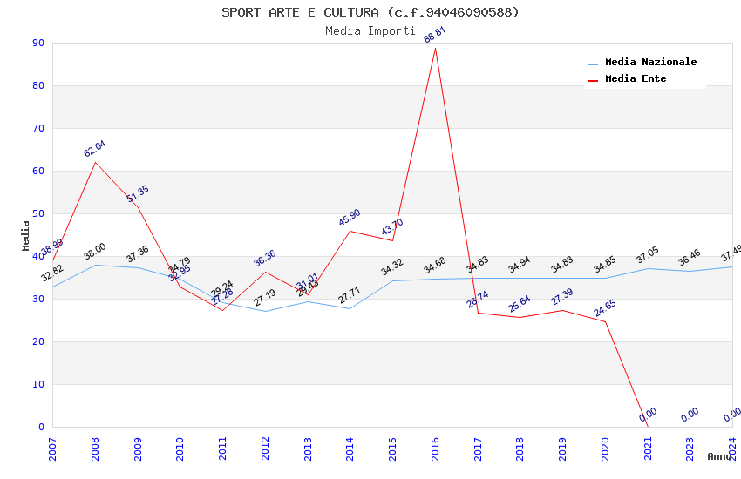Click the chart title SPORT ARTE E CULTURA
coord(370,12)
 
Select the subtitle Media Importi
coord(370,30)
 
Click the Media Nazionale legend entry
coord(650,63)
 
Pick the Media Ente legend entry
coord(636,79)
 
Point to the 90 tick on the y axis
coord(38,43)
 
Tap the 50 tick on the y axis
coord(38,213)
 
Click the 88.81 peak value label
coord(435,35)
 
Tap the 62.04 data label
coord(95,149)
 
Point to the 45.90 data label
coord(350,218)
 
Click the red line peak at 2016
coord(435,48)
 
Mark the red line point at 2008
coord(95,162)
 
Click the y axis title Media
coord(26,235)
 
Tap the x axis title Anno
coord(719,456)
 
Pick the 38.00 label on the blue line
coord(95,252)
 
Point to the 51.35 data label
coord(138,194)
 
